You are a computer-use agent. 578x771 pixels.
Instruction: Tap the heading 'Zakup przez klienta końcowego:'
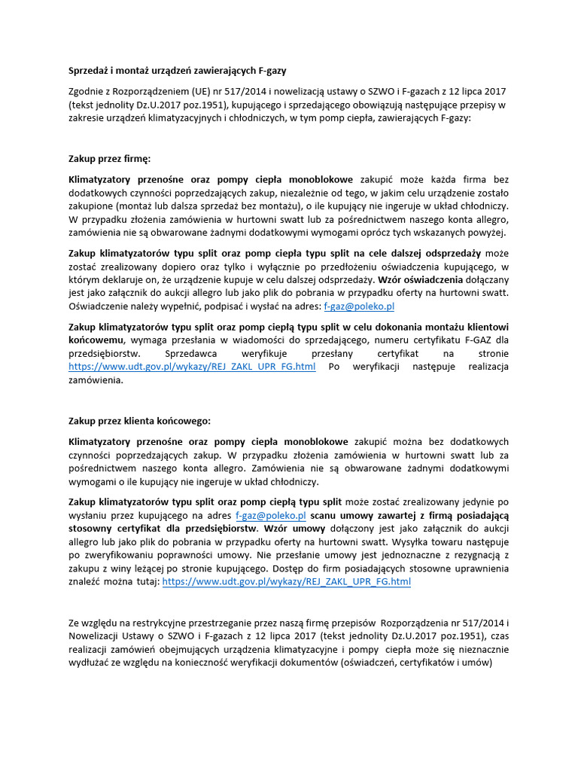(140, 420)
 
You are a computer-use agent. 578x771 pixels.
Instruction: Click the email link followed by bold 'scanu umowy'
(270, 515)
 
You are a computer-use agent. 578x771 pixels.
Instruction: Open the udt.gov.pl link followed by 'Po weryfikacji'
(192, 367)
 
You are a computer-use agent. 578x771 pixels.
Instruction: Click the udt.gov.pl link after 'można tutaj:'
(286, 581)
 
